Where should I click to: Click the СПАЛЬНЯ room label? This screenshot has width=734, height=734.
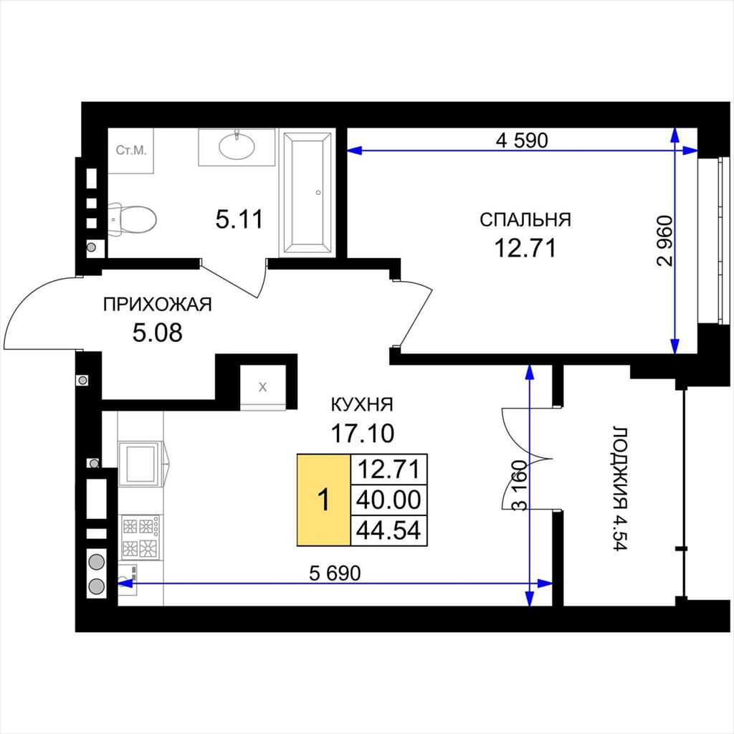pyautogui.click(x=525, y=219)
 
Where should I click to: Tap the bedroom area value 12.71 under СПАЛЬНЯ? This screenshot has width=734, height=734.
pyautogui.click(x=525, y=248)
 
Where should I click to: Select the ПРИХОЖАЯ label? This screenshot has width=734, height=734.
pyautogui.click(x=157, y=304)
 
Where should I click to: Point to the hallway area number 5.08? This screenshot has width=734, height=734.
pyautogui.click(x=157, y=333)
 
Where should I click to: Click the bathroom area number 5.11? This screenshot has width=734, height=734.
pyautogui.click(x=239, y=219)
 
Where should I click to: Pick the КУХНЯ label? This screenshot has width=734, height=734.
pyautogui.click(x=362, y=404)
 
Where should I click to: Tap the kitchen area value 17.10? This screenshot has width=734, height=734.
pyautogui.click(x=362, y=434)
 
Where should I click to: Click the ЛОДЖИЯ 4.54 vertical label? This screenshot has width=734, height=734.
pyautogui.click(x=620, y=489)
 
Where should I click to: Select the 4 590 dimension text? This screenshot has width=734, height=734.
pyautogui.click(x=522, y=140)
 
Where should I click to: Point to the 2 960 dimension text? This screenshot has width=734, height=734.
pyautogui.click(x=664, y=241)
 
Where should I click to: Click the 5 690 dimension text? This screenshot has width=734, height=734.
pyautogui.click(x=335, y=573)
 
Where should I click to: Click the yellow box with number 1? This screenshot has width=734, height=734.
pyautogui.click(x=324, y=500)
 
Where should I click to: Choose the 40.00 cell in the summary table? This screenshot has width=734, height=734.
pyautogui.click(x=389, y=500)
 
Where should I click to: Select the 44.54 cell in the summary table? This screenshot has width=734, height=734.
pyautogui.click(x=389, y=530)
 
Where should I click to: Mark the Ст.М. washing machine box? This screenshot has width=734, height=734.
pyautogui.click(x=131, y=151)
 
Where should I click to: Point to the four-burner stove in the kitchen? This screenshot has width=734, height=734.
pyautogui.click(x=140, y=536)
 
